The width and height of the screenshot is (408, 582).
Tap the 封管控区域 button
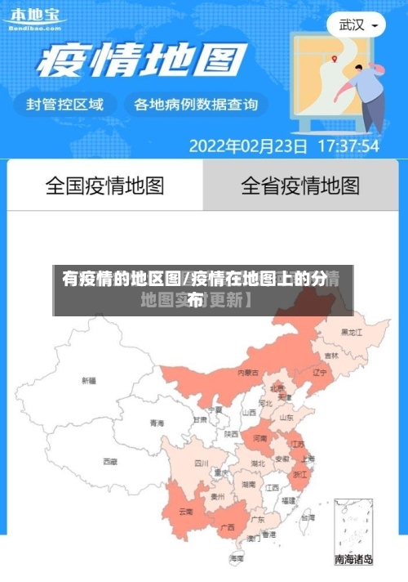point(66,105)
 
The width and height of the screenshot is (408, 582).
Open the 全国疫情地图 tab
point(104,186)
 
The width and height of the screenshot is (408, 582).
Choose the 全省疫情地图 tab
point(299,186)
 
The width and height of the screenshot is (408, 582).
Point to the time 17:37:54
point(348,146)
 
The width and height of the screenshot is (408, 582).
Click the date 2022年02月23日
point(248,146)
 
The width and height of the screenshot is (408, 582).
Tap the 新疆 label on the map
point(89,380)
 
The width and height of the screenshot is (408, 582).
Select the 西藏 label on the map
point(110,461)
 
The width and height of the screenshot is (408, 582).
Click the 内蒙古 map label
point(248,372)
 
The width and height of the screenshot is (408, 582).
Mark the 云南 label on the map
point(185,512)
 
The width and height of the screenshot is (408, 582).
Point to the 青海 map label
point(157,423)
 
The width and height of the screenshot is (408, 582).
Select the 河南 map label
point(259,439)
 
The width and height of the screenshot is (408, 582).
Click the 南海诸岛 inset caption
point(354,560)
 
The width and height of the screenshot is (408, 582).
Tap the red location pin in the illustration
point(335,58)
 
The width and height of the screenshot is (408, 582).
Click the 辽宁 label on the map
point(320,372)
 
